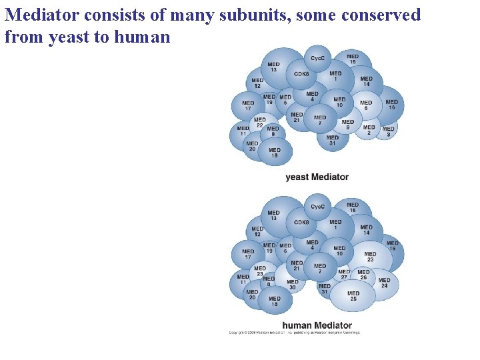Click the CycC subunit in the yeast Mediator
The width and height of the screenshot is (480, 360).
pos(317,58)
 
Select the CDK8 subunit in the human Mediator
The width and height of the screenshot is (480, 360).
pos(301,223)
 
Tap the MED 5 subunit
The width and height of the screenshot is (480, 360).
pos(365,105)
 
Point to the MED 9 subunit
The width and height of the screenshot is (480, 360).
pos(347,125)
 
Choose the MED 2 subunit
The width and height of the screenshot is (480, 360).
pos(369,130)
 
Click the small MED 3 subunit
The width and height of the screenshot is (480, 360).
pos(388,131)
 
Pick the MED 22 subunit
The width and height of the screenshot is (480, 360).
pos(259,123)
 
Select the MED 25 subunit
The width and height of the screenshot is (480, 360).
pos(353,295)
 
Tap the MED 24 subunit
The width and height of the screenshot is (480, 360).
pos(384,283)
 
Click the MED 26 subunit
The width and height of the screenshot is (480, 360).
pos(363,275)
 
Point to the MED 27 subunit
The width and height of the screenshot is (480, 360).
pos(344,275)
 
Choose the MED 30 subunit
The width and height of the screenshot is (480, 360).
pos(293,285)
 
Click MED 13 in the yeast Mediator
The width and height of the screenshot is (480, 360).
pos(273,67)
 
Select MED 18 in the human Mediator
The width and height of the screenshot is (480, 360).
pos(274,302)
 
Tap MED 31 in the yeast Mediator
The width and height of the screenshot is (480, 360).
pos(332,140)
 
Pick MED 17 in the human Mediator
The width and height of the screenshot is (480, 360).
pos(248,254)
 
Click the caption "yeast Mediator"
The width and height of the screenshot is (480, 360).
pos(317,177)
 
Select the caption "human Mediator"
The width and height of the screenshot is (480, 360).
pos(317,325)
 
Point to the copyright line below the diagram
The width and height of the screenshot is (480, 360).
pos(294,332)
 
